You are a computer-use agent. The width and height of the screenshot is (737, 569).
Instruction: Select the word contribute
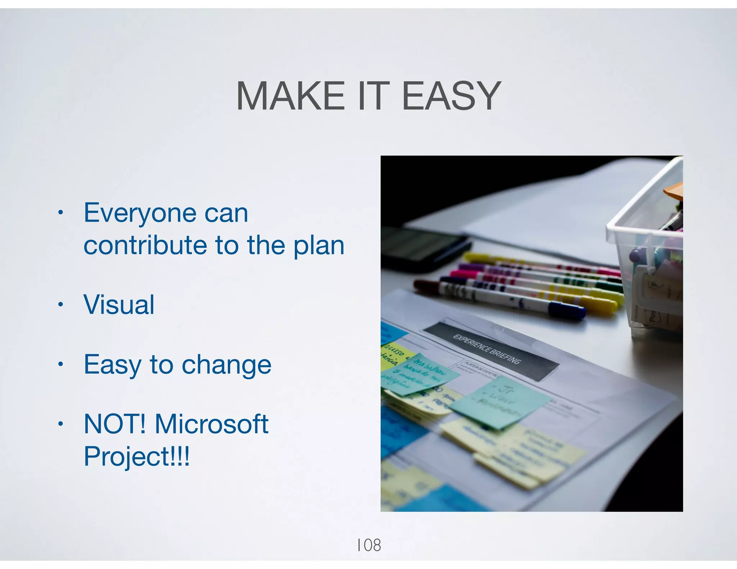tap(145, 245)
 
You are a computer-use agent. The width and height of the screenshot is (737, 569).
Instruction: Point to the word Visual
tap(119, 305)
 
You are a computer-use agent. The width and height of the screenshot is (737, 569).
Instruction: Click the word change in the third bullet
tap(226, 365)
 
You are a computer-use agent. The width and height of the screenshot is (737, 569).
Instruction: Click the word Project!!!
tap(136, 456)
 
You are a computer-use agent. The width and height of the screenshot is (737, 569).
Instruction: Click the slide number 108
tap(368, 545)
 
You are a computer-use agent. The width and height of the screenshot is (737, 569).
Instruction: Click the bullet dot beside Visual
tap(61, 305)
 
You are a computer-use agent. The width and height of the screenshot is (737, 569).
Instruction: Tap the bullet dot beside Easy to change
tap(61, 364)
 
